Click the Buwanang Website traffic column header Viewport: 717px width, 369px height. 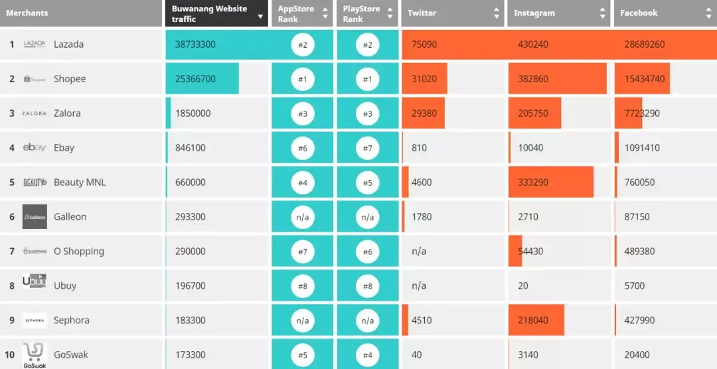[x=209, y=13]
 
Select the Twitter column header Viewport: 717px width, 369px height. [x=422, y=13]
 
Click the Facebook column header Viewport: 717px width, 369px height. [x=639, y=13]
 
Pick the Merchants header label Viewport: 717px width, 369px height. [x=27, y=13]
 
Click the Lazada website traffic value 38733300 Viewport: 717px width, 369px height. [x=195, y=44]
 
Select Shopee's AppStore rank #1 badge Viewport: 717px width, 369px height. [x=302, y=79]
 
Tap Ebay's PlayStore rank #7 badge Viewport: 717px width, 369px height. [x=368, y=148]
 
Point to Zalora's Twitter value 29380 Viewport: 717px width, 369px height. [x=424, y=113]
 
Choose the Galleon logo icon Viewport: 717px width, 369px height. [x=35, y=217]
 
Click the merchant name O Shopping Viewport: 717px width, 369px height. [x=79, y=252]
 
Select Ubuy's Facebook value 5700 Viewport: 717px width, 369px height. [x=635, y=286]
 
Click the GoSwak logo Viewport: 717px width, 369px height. [x=34, y=355]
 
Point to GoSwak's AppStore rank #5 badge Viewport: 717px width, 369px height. [x=302, y=355]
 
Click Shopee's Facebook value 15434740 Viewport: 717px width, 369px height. [x=645, y=79]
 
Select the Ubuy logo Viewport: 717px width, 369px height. [x=35, y=282]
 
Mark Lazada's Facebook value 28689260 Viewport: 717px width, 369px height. [x=645, y=44]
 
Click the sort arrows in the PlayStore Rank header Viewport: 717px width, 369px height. [x=391, y=13]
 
